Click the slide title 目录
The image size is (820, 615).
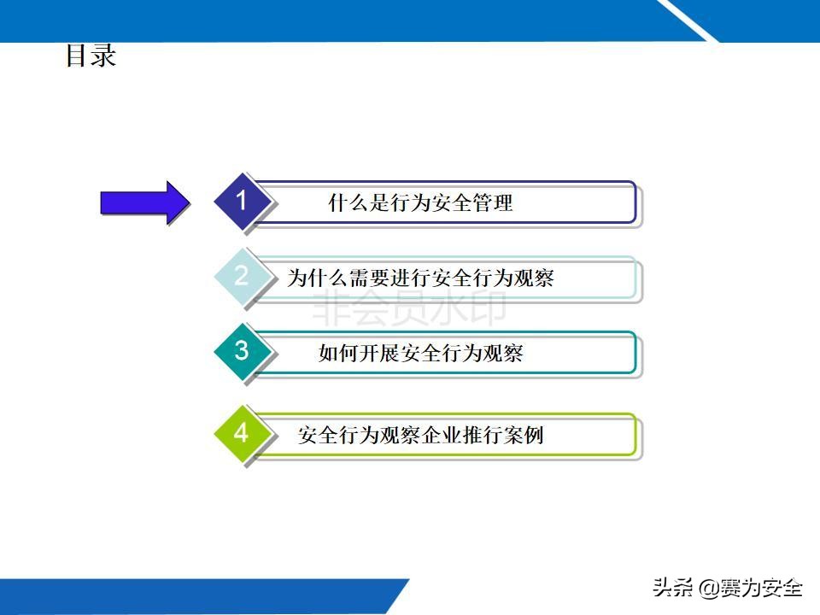91,56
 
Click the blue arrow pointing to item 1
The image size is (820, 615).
143,202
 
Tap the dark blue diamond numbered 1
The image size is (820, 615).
242,202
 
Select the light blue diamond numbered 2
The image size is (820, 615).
242,276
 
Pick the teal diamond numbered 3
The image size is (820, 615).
242,351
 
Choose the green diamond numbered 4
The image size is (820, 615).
242,434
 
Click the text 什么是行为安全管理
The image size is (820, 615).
420,203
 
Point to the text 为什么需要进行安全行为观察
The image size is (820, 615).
420,278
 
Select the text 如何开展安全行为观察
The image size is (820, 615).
420,353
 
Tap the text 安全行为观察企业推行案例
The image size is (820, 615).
420,436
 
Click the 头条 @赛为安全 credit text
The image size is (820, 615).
727,588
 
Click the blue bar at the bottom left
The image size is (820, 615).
196,596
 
